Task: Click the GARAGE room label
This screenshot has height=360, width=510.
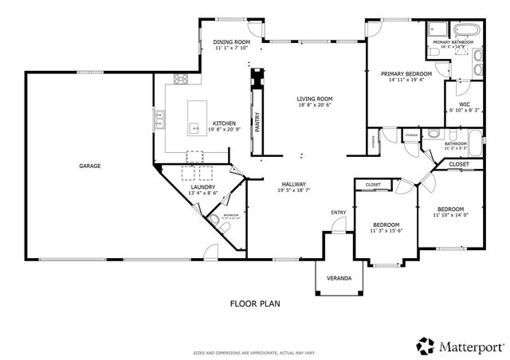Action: coord(89,166)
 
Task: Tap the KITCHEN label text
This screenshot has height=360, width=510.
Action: coord(223,123)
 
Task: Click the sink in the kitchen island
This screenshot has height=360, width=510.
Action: coord(193,127)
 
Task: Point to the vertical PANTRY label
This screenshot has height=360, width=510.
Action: coord(257,121)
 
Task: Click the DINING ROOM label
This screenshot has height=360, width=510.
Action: coord(232,41)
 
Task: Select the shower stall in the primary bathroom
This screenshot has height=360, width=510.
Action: coord(437,29)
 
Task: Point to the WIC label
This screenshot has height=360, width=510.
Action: coord(464,104)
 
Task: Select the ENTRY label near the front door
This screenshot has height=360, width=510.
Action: coord(339,212)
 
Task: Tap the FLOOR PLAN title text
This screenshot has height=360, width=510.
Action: coord(255,303)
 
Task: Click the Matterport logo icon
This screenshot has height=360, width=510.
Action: coord(426,344)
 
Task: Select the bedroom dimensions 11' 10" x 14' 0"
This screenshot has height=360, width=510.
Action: coord(452,215)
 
